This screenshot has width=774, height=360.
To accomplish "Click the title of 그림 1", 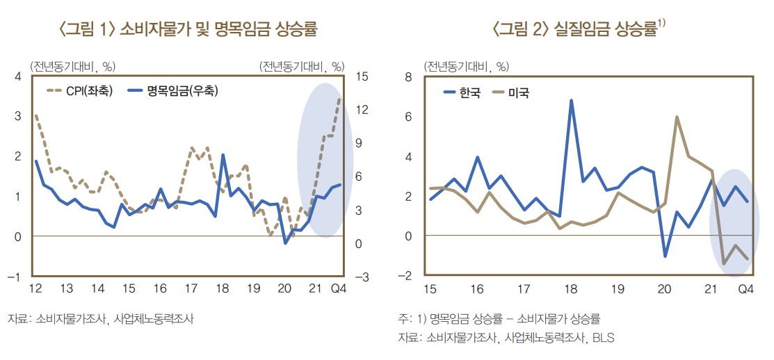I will coord(188,29).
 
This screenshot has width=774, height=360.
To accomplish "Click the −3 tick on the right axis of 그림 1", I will coord(361,277).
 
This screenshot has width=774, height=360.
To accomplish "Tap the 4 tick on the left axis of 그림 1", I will coord(18,76).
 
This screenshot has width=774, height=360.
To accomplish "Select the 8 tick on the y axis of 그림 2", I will coord(409,77).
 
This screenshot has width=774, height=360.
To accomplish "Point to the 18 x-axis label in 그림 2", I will coord(570,289).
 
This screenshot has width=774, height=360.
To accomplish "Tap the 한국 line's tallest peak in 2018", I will coord(571,101).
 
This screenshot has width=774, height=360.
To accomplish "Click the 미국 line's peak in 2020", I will coord(677,117).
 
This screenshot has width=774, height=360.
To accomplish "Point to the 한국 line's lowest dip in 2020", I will coord(665,256).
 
